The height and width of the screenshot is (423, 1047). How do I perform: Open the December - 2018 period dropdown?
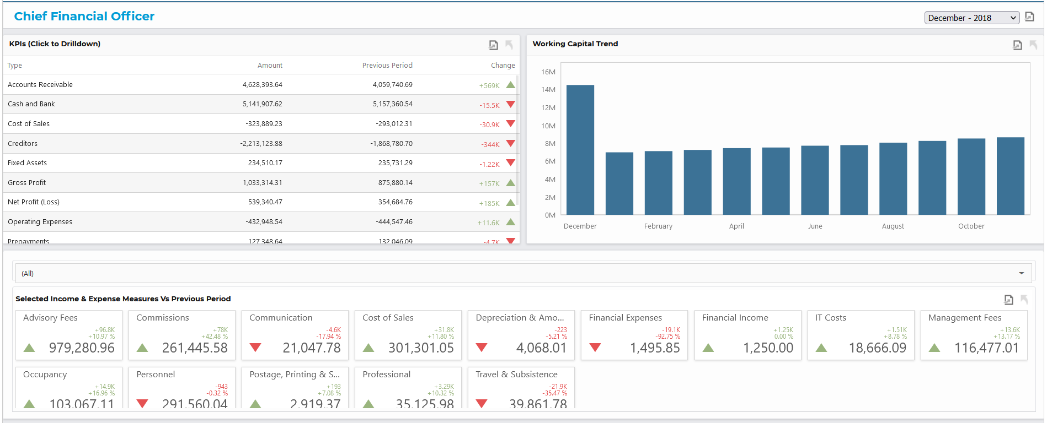(971, 18)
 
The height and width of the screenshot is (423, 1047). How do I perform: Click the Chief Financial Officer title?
(84, 17)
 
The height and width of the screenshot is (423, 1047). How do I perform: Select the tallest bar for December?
(580, 149)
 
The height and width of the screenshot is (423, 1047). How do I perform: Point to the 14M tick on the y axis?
(548, 90)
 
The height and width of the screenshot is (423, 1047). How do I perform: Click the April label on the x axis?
(736, 226)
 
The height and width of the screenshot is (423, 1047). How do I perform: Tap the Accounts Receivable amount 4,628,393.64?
(262, 85)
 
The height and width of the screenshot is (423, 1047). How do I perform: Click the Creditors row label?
(23, 144)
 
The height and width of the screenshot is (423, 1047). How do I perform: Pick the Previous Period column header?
(387, 66)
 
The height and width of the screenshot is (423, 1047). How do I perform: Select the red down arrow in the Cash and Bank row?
(510, 104)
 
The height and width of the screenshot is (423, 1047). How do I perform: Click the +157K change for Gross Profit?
(489, 184)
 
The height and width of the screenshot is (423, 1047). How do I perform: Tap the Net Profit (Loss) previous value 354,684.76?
(395, 202)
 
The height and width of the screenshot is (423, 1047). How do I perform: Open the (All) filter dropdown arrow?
(1021, 273)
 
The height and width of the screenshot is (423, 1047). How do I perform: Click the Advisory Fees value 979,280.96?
(82, 348)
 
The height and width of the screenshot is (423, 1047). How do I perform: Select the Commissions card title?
(163, 318)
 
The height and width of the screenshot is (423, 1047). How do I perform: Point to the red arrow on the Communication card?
(255, 348)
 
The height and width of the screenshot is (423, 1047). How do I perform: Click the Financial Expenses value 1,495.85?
(655, 348)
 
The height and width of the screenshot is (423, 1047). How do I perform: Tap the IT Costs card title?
(830, 318)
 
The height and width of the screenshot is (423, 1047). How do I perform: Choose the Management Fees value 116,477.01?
(986, 348)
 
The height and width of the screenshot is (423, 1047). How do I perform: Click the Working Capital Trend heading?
(575, 44)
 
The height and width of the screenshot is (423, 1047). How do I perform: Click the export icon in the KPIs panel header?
(493, 45)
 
